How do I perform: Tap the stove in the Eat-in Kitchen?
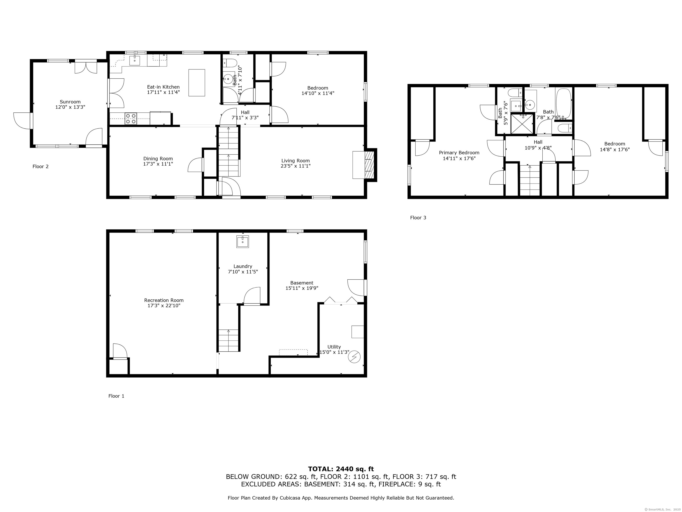[x=131, y=119]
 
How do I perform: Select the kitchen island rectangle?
[x=197, y=83]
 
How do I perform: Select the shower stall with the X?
[x=522, y=124]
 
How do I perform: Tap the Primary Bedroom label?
[x=459, y=153]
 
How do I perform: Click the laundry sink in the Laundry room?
[x=243, y=242]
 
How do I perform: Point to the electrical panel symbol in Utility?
[x=354, y=357]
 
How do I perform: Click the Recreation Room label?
[x=164, y=300]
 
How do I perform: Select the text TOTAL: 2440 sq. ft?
[x=341, y=469]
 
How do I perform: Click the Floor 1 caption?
[x=116, y=396]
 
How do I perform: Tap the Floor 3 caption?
[x=418, y=218]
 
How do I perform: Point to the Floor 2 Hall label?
[x=245, y=112]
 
